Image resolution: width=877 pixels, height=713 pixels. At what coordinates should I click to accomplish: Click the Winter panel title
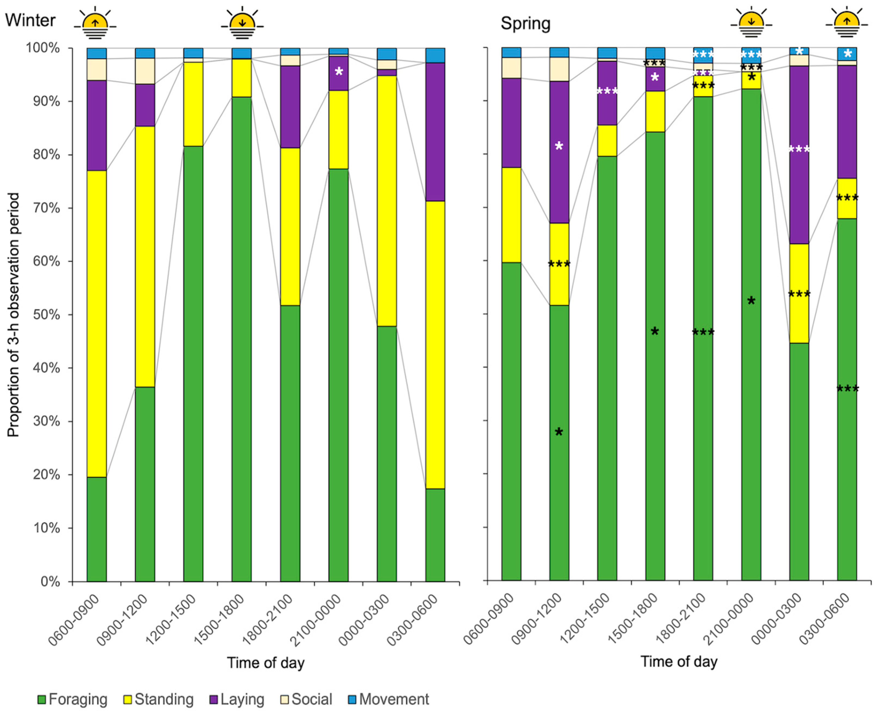30,20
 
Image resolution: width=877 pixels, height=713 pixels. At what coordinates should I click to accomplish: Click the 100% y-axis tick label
43,48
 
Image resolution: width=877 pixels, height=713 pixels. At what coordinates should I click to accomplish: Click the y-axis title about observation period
13,315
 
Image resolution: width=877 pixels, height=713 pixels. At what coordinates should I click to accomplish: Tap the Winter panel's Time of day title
266,663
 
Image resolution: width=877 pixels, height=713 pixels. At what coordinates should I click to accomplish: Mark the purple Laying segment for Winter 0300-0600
435,131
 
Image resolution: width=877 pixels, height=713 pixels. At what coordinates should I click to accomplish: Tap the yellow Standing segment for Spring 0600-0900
511,215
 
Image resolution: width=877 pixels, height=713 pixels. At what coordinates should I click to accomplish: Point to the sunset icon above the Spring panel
751,22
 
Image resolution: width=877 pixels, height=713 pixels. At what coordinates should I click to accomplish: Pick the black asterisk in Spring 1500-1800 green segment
655,332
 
